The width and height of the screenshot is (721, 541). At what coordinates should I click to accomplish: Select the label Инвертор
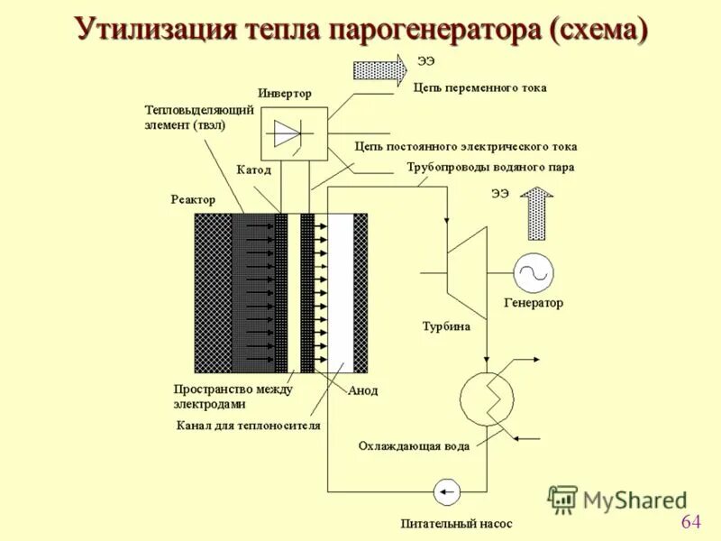click(x=284, y=93)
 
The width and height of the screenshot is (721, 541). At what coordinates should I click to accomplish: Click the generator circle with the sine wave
click(x=534, y=272)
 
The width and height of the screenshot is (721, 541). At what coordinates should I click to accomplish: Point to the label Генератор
click(x=533, y=303)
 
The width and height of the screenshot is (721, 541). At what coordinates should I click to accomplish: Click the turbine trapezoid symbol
click(x=467, y=261)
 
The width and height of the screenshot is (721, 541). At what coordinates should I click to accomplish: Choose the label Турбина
click(x=446, y=326)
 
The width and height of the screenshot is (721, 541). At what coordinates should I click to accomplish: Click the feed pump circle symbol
click(x=447, y=491)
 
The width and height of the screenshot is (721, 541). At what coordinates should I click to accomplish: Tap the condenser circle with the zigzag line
click(x=487, y=395)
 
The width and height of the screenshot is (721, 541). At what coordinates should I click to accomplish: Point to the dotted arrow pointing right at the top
click(x=379, y=70)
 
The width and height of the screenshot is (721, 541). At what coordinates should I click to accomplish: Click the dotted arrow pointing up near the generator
click(x=539, y=212)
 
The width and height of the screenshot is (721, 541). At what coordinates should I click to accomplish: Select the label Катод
click(x=253, y=169)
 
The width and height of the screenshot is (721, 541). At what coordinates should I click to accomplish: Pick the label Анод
click(x=362, y=390)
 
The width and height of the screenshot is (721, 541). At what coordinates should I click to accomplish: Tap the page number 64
click(x=691, y=521)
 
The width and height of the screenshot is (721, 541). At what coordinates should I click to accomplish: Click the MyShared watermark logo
click(x=616, y=499)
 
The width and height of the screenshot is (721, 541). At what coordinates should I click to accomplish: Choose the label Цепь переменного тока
click(x=479, y=88)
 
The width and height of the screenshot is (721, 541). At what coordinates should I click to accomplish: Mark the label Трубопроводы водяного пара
click(x=490, y=167)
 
